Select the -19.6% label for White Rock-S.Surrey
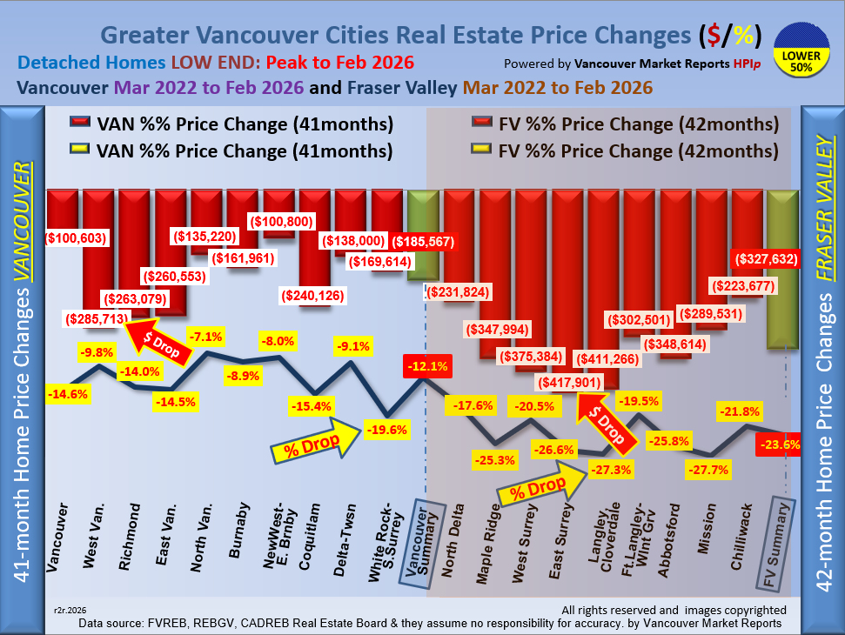[385, 430]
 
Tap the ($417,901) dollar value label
[576, 382]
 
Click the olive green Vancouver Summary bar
[424, 235]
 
